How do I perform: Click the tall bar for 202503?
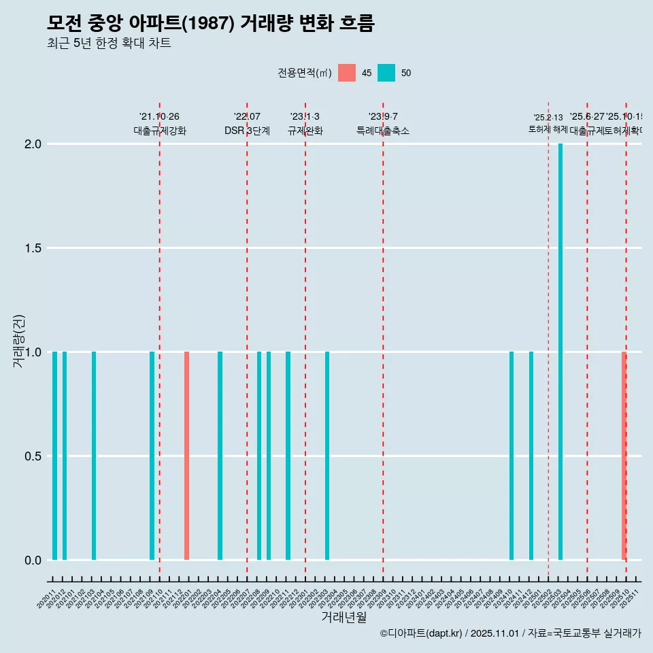tap(560, 352)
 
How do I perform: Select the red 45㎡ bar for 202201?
tap(186, 456)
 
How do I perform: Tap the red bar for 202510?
tap(624, 456)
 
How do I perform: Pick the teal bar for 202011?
tap(54, 456)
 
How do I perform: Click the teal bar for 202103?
tap(94, 456)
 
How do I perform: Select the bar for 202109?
tap(152, 456)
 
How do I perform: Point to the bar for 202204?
tap(220, 456)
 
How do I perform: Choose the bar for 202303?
tap(327, 456)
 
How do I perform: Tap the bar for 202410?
tap(512, 456)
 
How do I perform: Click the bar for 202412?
tap(531, 456)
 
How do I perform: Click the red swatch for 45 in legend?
tap(347, 73)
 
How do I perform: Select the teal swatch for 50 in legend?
tap(386, 73)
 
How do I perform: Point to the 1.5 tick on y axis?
tap(32, 248)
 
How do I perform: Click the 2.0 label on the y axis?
tap(32, 144)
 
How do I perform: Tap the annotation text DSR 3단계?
tap(247, 131)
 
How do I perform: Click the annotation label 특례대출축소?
tap(383, 131)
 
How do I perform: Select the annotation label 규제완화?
tap(305, 131)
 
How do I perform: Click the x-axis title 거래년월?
tap(344, 618)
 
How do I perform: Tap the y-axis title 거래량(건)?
tap(19, 340)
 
